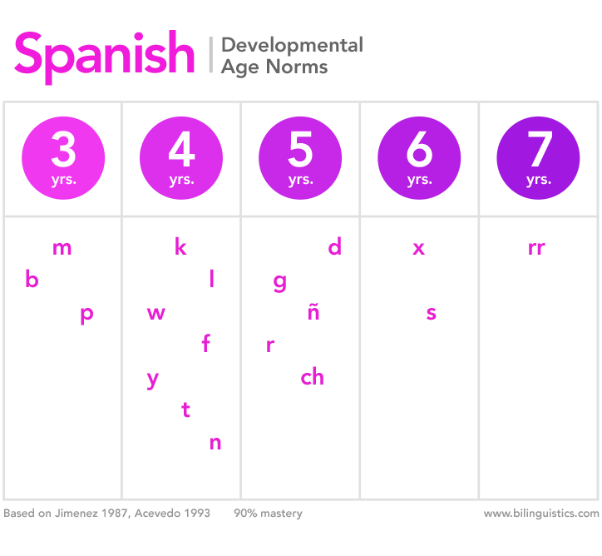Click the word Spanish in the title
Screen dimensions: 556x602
104,54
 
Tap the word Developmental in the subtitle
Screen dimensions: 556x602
292,45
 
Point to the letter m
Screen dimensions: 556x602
62,248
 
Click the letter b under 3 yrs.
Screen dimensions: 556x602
32,280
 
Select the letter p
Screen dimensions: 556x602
86,315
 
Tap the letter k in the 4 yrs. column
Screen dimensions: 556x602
180,247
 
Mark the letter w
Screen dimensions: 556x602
155,314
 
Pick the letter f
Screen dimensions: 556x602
206,343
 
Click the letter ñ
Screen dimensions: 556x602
313,313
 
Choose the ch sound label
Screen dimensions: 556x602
312,378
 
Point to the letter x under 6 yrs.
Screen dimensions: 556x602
419,248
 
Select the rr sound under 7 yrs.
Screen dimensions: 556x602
536,248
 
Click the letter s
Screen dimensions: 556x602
431,314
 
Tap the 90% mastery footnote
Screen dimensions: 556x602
268,514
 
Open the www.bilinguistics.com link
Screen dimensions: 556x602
540,514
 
